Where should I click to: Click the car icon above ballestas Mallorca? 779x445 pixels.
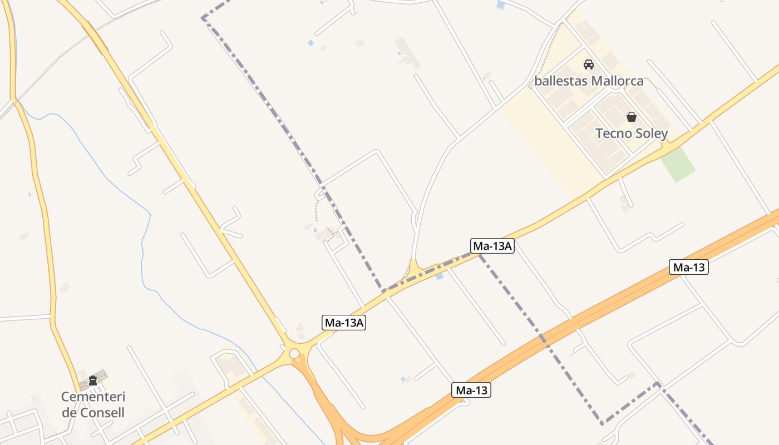pos(589,65)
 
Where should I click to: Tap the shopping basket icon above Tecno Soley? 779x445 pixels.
pos(632,117)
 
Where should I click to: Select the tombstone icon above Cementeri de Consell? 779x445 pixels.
pos(93,380)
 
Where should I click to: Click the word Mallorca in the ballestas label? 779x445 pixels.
pos(617,81)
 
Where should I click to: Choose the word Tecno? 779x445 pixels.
pos(614,133)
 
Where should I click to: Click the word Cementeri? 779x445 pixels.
pos(93,397)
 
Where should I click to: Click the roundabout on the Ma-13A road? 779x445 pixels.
pos(294,353)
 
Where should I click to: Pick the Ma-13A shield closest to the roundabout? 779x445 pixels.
pos(344,323)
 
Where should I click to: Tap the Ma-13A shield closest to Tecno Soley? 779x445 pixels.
pos(492,246)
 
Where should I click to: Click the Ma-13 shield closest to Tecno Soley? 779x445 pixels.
pos(689,268)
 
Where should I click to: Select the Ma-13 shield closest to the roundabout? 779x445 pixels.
pos(472,390)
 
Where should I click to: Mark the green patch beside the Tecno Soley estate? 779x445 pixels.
pos(678,165)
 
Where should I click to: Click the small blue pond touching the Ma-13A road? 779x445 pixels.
pos(440,276)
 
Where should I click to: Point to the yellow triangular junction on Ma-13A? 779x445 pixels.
pos(413,266)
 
